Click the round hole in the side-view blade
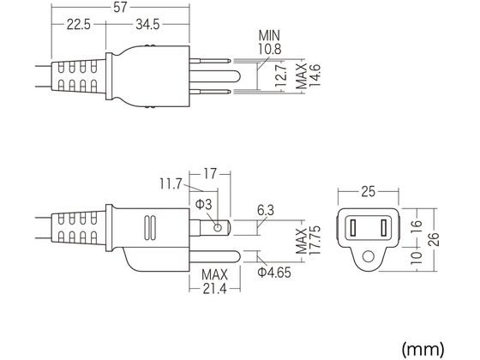pyautogui.click(x=220, y=227)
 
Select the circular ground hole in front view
pyautogui.click(x=369, y=255)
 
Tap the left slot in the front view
pyautogui.click(x=353, y=228)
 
